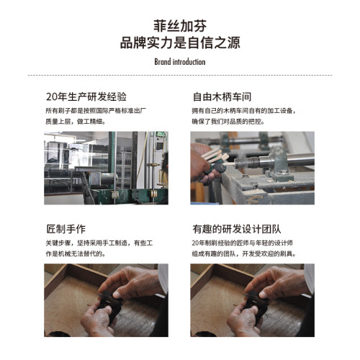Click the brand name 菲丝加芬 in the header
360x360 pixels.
pos(180,24)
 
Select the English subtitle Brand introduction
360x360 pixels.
pos(180,61)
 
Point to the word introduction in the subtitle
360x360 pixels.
pos(189,61)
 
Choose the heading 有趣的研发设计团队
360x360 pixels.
pos(237,228)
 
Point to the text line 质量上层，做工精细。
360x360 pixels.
pos(75,122)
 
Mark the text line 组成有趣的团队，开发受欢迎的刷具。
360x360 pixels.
pos(244,254)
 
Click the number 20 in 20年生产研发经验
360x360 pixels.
pos(51,96)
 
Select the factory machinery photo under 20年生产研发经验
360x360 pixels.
pos(106,167)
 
